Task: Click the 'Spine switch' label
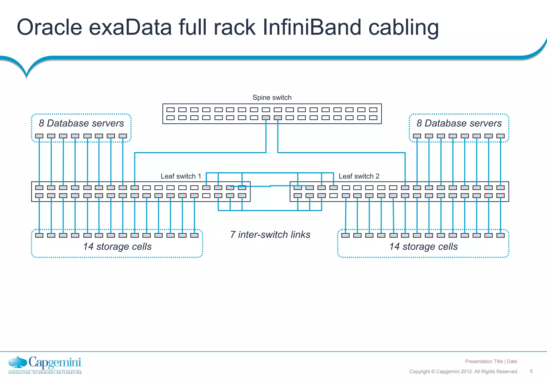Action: click(272, 98)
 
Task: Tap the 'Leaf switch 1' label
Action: click(181, 176)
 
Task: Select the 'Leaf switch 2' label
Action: click(359, 176)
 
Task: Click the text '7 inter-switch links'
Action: click(270, 234)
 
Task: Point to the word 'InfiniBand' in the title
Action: click(312, 27)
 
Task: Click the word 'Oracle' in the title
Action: click(49, 27)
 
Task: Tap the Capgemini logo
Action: click(45, 365)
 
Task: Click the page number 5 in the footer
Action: click(531, 371)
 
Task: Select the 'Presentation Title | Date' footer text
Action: click(491, 361)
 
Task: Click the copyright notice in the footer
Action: click(463, 372)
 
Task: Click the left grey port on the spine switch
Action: click(266, 118)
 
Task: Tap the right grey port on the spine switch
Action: click(278, 118)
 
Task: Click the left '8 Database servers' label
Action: click(81, 123)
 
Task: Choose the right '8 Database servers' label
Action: click(459, 123)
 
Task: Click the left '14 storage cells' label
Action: click(117, 246)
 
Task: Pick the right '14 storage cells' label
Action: click(423, 246)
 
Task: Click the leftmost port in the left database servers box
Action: click(39, 136)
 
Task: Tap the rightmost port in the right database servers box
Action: click(500, 136)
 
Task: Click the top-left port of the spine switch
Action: click(170, 110)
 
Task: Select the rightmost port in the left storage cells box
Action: click(194, 235)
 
